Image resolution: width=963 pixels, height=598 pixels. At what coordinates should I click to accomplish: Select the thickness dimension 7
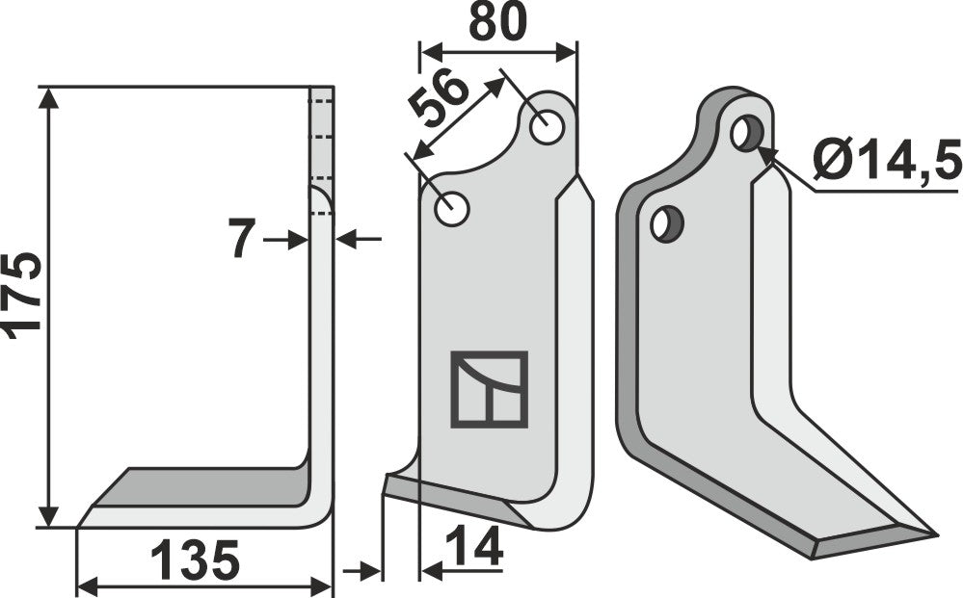242,239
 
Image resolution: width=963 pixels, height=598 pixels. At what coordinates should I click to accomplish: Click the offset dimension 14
475,549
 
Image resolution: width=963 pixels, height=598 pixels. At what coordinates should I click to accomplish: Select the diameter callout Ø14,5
886,160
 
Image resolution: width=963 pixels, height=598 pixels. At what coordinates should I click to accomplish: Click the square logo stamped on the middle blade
489,389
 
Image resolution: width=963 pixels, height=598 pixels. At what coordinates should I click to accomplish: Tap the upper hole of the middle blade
547,128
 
